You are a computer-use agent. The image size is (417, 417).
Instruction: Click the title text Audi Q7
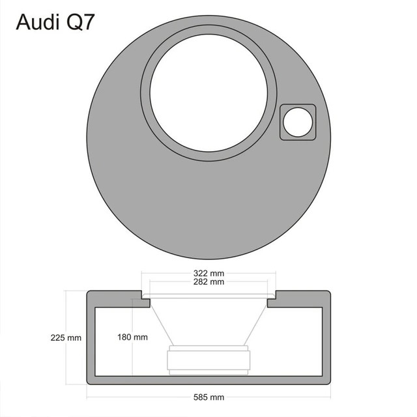tap(55, 23)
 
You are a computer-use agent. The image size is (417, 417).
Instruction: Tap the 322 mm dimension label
tap(209, 272)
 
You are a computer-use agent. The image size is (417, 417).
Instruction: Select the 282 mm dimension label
tap(209, 282)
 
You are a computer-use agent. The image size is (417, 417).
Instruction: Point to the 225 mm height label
tap(66, 338)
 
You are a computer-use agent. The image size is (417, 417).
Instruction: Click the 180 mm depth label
tap(132, 338)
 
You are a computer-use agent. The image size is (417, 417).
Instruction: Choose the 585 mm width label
tap(209, 397)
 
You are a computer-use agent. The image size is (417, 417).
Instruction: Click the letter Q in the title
tap(71, 23)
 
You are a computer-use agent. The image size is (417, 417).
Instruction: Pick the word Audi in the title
tap(35, 23)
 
